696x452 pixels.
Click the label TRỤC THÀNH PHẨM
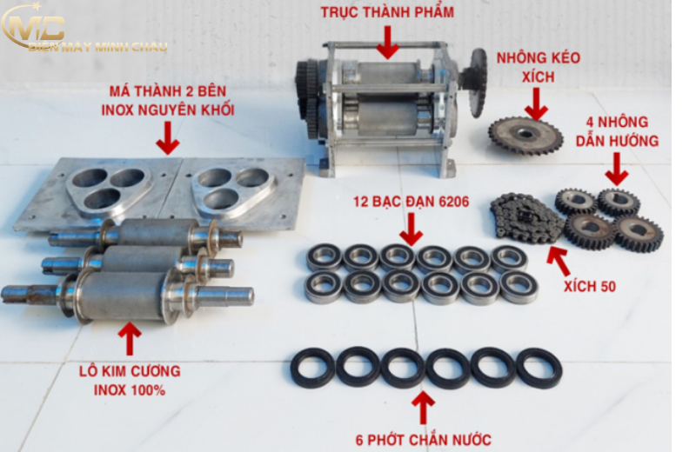coord(387,12)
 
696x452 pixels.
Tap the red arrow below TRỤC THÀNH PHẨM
coord(387,43)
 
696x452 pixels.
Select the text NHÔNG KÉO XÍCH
coord(538,67)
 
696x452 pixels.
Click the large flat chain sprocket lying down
coord(525,135)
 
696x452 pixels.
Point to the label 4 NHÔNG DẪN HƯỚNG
coord(617,131)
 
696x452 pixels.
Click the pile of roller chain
coord(526,218)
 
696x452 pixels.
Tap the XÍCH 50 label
coord(590,287)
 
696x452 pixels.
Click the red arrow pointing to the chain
coord(559,262)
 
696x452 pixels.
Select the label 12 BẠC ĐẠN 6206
coord(411,202)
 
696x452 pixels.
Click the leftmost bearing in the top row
coord(325,256)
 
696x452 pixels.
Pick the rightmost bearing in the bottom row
coord(519,288)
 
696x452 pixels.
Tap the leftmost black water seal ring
coord(313,368)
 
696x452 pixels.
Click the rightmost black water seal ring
coord(539,369)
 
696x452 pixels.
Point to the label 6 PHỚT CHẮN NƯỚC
coord(424,440)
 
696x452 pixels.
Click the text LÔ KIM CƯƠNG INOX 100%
coord(130,381)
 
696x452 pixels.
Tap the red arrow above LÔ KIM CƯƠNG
coord(130,339)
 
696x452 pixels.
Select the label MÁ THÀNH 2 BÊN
coord(168,91)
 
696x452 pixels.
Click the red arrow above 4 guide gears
coord(617,169)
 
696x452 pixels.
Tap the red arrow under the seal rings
coord(423,408)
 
